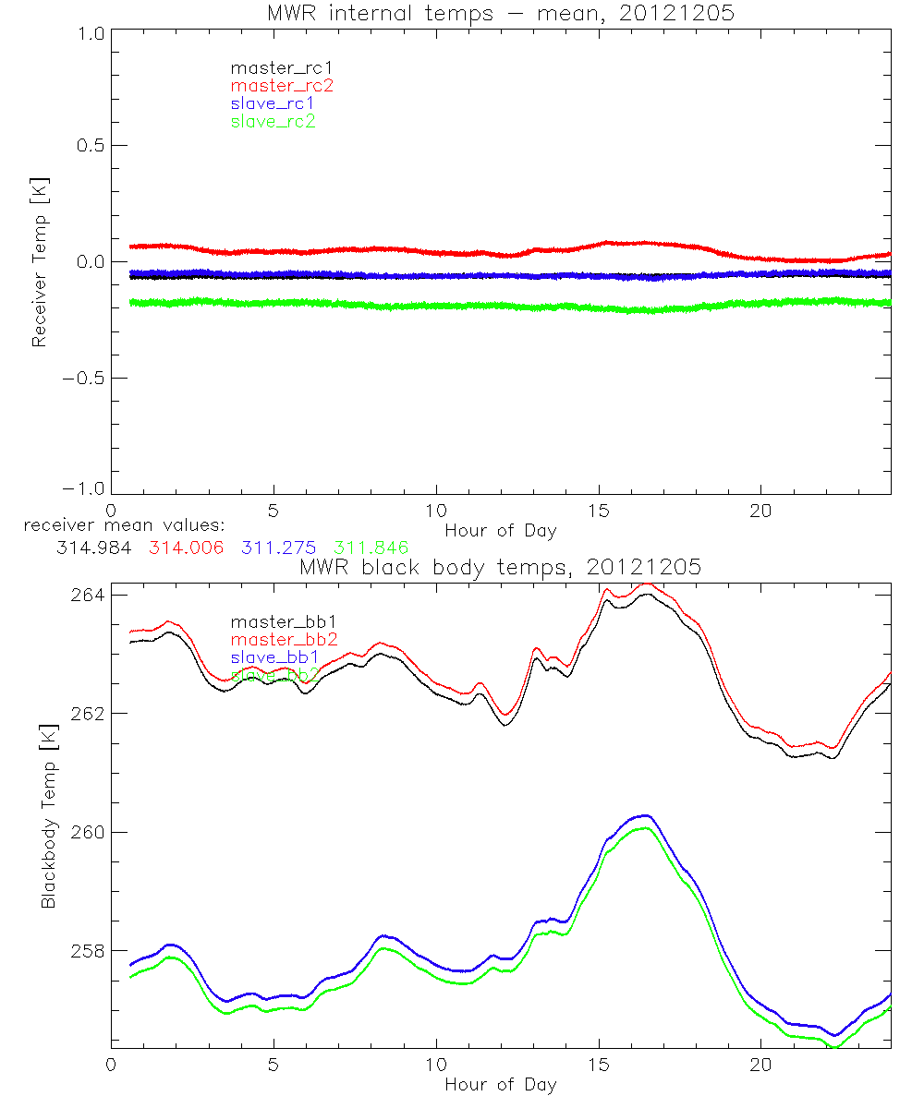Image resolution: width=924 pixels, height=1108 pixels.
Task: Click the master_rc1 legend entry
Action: point(273,67)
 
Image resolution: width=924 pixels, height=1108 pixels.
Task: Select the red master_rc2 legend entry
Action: point(281,85)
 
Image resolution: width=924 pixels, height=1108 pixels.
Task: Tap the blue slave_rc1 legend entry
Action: point(273,103)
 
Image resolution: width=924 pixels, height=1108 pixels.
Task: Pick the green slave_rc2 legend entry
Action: point(273,121)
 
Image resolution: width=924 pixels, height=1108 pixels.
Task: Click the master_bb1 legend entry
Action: point(274,622)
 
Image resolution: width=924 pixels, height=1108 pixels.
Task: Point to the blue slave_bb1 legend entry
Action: point(274,657)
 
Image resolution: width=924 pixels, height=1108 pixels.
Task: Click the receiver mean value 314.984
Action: point(91,547)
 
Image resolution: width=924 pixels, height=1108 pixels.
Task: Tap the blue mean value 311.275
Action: point(277,547)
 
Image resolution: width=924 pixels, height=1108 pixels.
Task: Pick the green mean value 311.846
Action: point(371,547)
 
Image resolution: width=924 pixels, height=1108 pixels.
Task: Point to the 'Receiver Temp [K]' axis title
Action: point(40,262)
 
